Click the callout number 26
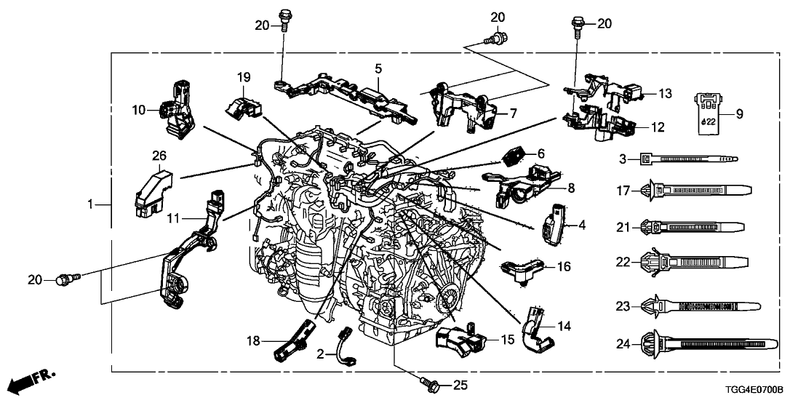pyautogui.click(x=159, y=154)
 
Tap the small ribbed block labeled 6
pyautogui.click(x=514, y=155)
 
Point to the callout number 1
pyautogui.click(x=92, y=206)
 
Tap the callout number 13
pyautogui.click(x=666, y=93)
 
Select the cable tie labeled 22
pyautogui.click(x=698, y=260)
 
